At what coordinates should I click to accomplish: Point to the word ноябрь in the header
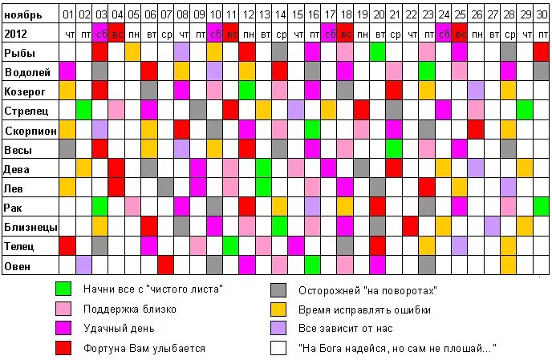pyautogui.click(x=23, y=14)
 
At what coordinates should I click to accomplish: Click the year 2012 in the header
pyautogui.click(x=16, y=33)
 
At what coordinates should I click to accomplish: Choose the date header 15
pyautogui.click(x=296, y=14)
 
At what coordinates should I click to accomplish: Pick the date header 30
pyautogui.click(x=541, y=14)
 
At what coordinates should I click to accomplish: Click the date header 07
pyautogui.click(x=165, y=14)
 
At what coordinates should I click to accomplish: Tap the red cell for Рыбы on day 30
pyautogui.click(x=541, y=52)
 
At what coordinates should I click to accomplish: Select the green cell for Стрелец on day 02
pyautogui.click(x=83, y=110)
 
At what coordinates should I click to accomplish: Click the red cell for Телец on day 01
pyautogui.click(x=67, y=245)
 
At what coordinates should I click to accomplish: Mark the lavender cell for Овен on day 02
pyautogui.click(x=83, y=265)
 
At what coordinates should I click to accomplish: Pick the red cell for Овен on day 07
pyautogui.click(x=165, y=265)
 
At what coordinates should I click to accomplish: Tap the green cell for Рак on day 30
pyautogui.click(x=541, y=207)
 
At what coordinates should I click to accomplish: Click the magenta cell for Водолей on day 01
pyautogui.click(x=67, y=71)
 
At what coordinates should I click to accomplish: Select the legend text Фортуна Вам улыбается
pyautogui.click(x=144, y=348)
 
